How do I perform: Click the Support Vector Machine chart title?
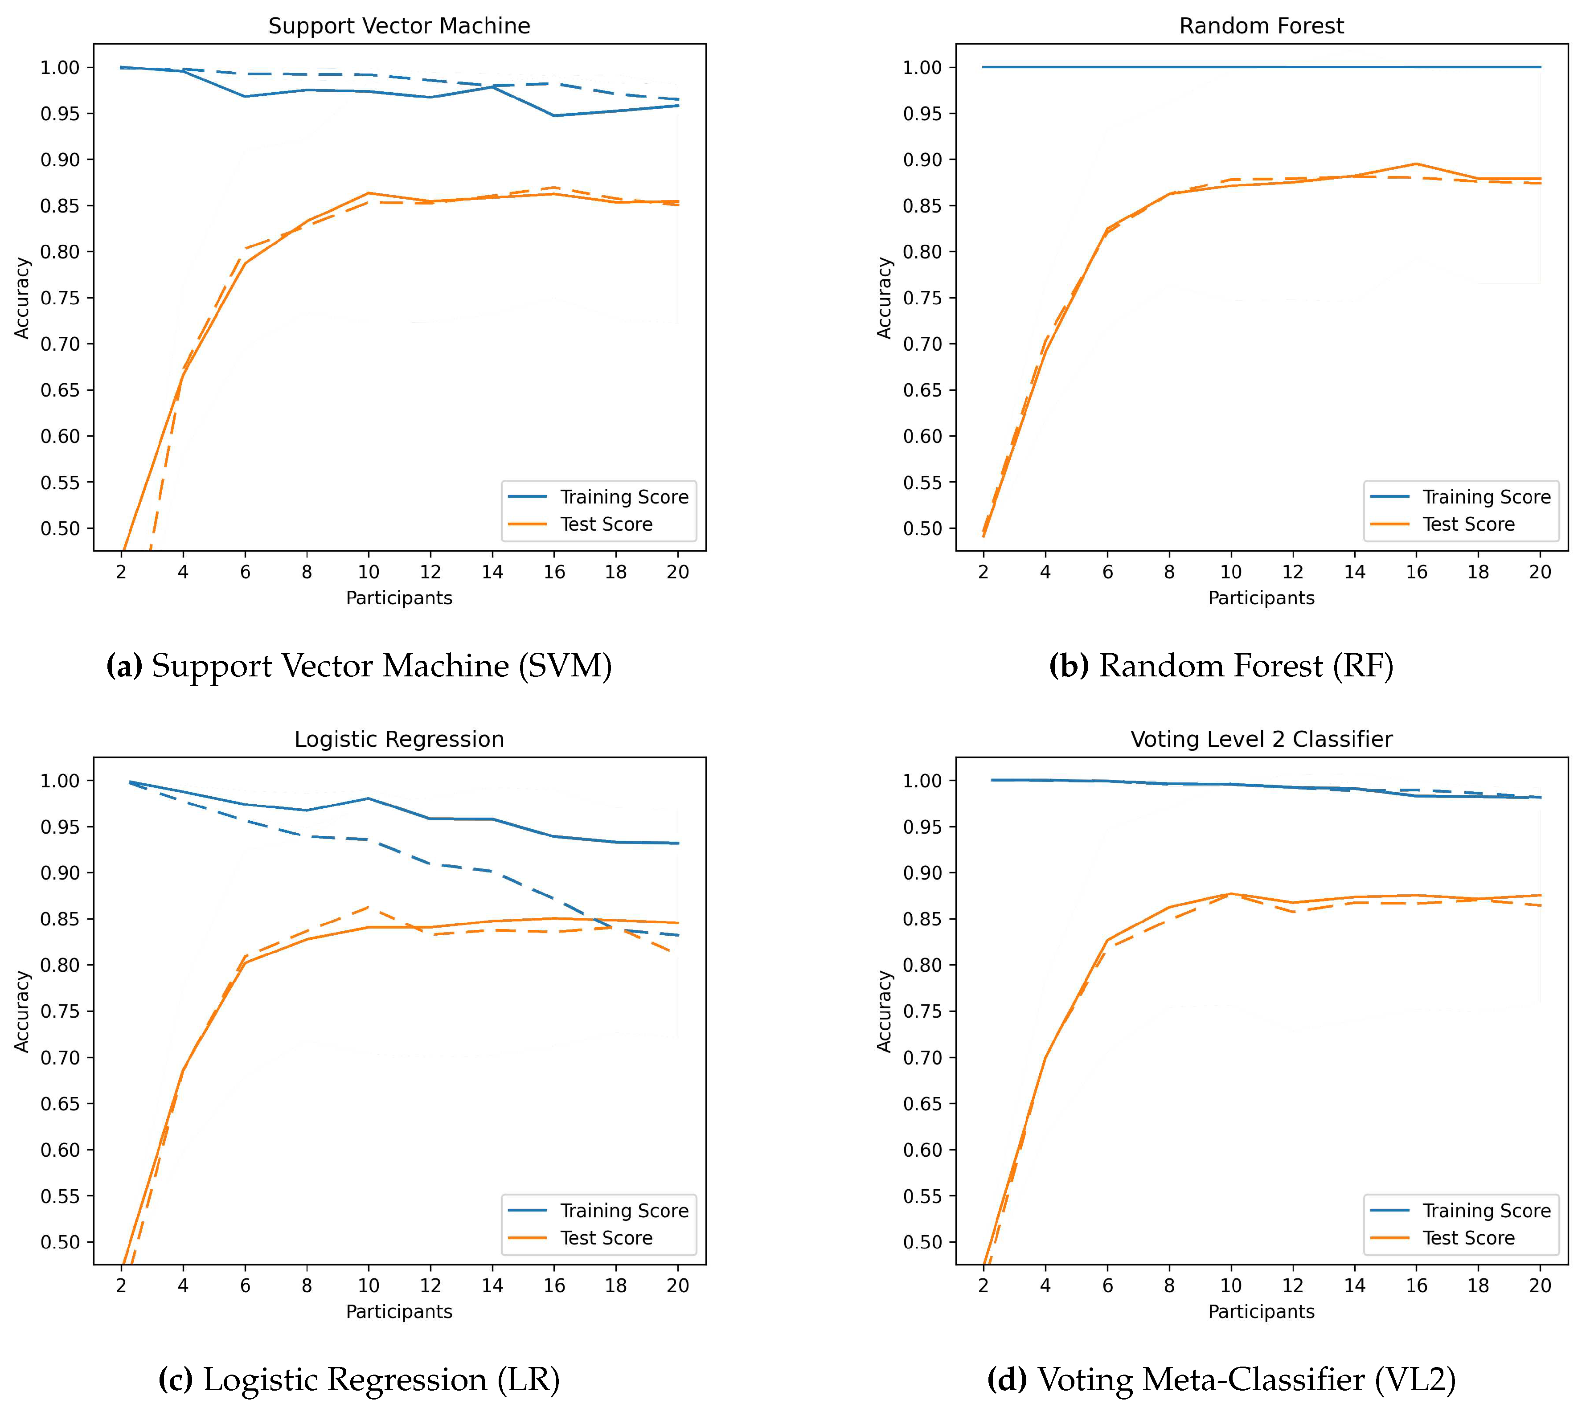[x=399, y=25]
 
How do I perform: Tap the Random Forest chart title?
[x=1261, y=25]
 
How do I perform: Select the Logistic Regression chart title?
[x=399, y=739]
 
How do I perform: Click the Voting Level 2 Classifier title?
[x=1261, y=739]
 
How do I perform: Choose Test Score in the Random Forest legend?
[x=1468, y=524]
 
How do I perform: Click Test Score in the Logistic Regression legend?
[x=606, y=1238]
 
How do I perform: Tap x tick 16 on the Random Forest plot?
[x=1416, y=572]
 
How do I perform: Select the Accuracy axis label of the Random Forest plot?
[x=884, y=298]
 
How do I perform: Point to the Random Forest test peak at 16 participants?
[x=1416, y=164]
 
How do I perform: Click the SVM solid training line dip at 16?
[x=554, y=115]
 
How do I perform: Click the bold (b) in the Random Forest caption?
[x=1069, y=666]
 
